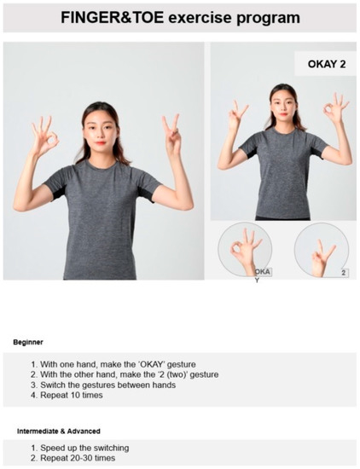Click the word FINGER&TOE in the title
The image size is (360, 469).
(109, 17)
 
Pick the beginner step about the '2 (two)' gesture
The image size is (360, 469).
(123, 374)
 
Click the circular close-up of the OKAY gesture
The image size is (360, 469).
(245, 249)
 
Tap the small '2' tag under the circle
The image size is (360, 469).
(343, 273)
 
